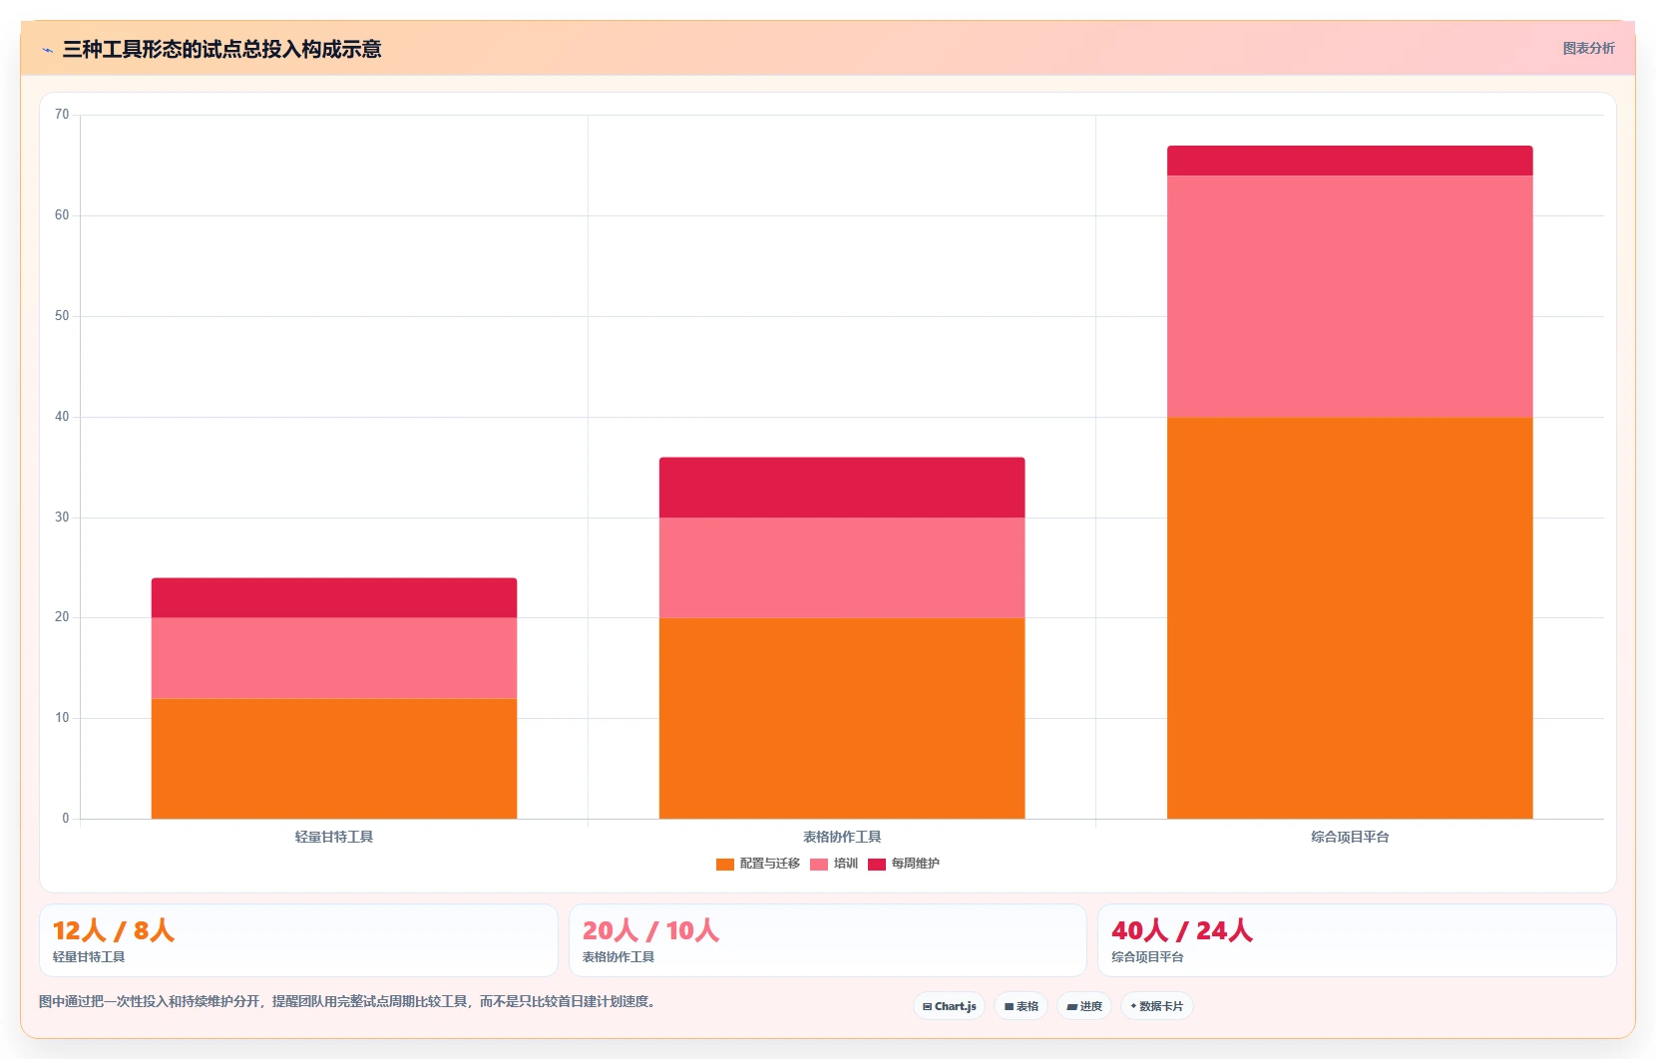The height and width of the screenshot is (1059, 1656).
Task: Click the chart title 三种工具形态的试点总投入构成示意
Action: pos(221,50)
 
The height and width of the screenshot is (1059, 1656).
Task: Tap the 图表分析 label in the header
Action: pos(1588,49)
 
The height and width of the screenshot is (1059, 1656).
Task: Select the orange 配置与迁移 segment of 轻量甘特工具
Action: pos(334,758)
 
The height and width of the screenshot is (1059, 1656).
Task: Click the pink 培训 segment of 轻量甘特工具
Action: pos(334,658)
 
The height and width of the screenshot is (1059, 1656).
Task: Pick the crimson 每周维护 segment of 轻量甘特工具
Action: pos(334,598)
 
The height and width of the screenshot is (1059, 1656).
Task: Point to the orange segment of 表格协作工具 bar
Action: pos(842,718)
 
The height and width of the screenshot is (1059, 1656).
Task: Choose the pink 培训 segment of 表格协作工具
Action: pos(842,567)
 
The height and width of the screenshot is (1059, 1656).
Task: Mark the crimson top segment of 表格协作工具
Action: pos(842,487)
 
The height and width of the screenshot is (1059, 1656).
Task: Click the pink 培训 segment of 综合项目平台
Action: pos(1350,296)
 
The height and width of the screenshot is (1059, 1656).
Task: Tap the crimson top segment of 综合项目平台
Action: pos(1350,161)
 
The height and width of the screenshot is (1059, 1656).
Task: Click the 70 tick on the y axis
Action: pos(62,115)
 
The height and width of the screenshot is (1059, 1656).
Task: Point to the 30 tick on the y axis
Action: pos(62,518)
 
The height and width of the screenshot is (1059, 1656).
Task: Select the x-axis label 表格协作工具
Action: pos(842,837)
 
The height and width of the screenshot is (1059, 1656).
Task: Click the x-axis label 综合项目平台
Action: pos(1350,837)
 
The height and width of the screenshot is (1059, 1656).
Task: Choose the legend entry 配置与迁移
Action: pos(758,864)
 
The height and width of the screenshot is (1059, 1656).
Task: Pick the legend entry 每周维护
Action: pos(904,864)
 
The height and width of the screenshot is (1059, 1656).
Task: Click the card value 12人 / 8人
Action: pos(114,930)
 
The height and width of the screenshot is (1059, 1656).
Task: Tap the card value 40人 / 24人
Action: pos(1182,930)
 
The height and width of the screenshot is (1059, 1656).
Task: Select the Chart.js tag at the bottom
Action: pos(950,1006)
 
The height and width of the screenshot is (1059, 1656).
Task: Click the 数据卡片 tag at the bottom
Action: pos(1157,1006)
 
